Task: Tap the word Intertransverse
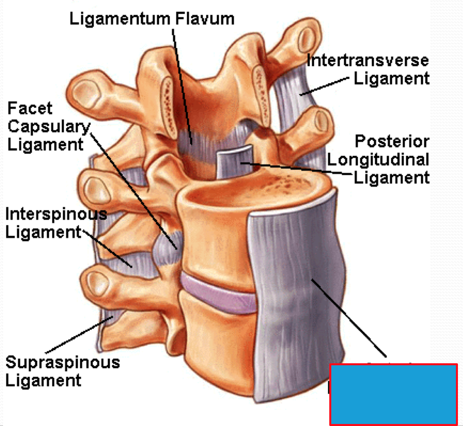(x=368, y=61)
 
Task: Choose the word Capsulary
(x=49, y=126)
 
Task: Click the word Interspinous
(x=56, y=214)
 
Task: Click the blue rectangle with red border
(x=393, y=394)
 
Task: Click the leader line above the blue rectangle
(x=350, y=316)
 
